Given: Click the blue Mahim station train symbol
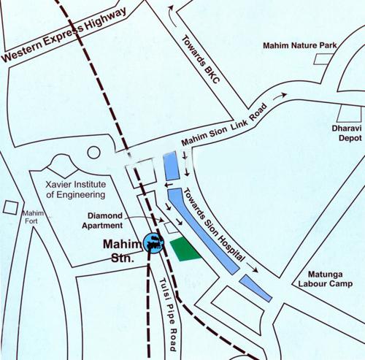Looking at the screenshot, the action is [x=153, y=243].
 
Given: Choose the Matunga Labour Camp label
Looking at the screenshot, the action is [x=322, y=280].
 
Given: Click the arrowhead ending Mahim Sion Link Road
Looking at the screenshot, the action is [x=282, y=95].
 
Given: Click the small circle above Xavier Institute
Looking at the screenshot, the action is [x=93, y=153].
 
